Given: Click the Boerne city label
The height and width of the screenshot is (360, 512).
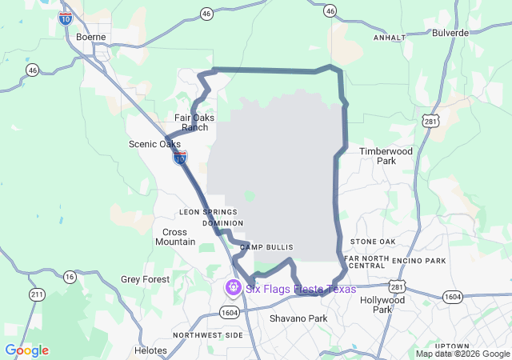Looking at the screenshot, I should pyautogui.click(x=90, y=37).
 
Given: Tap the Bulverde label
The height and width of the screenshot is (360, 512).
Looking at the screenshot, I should pyautogui.click(x=449, y=33).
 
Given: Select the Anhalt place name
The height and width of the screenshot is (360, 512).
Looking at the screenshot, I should pyautogui.click(x=390, y=38).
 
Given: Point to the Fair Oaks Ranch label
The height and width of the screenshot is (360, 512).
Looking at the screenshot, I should pyautogui.click(x=194, y=122).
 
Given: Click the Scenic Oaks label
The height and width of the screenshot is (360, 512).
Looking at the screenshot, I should pyautogui.click(x=154, y=144).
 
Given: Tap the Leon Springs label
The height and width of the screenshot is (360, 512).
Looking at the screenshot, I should pyautogui.click(x=209, y=212).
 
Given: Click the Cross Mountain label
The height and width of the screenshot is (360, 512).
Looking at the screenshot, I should pyautogui.click(x=175, y=237).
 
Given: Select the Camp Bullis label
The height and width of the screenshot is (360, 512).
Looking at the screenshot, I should pyautogui.click(x=267, y=247).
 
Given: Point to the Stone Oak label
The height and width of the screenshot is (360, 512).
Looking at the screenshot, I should pyautogui.click(x=373, y=242).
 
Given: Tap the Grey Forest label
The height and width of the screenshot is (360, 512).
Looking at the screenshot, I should pyautogui.click(x=146, y=279).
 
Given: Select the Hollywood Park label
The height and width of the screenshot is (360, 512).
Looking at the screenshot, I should pyautogui.click(x=382, y=305).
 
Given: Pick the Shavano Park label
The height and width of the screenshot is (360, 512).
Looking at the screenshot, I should pyautogui.click(x=298, y=318).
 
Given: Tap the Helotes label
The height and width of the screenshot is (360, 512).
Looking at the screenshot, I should pyautogui.click(x=150, y=350).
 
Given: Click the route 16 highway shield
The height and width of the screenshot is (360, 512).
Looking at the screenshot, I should pyautogui.click(x=70, y=277).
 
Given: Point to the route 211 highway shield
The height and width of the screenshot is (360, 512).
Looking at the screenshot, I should pyautogui.click(x=37, y=294).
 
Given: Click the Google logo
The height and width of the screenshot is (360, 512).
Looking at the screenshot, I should pyautogui.click(x=26, y=350).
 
